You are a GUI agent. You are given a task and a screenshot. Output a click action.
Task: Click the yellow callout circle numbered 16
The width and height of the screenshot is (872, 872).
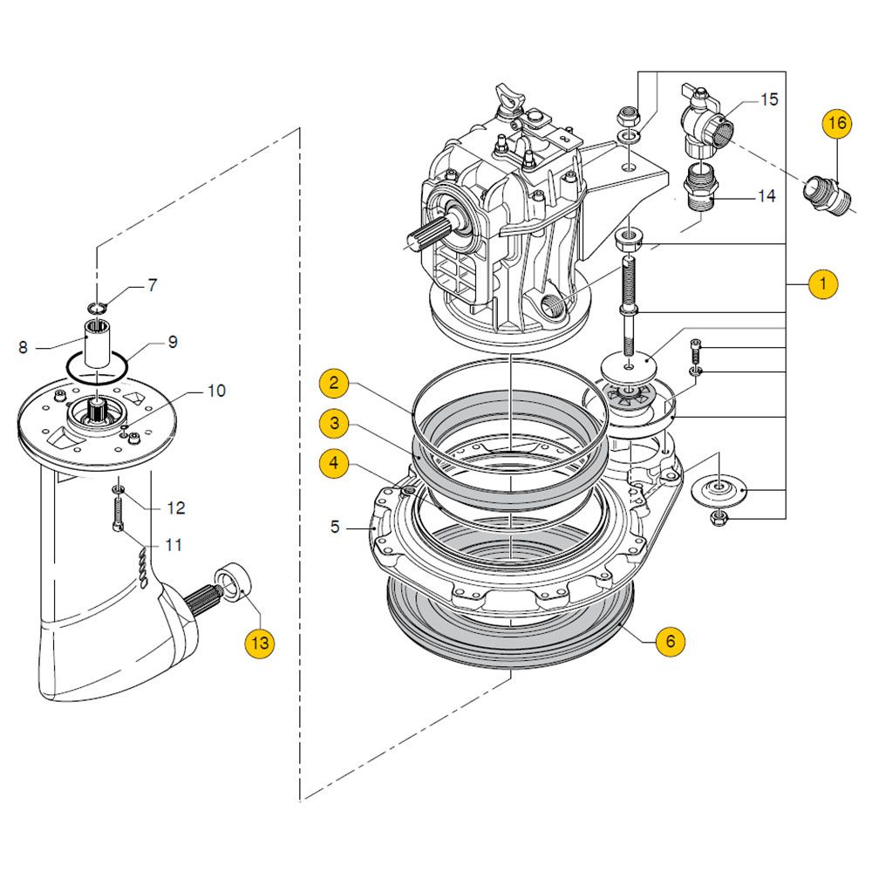(836, 124)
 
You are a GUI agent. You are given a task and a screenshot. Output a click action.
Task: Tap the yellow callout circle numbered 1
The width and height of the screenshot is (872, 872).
(821, 285)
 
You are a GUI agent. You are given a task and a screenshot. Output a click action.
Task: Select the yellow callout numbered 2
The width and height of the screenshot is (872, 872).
(334, 383)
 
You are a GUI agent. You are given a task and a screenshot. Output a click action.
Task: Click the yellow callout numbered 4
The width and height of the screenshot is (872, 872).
(334, 463)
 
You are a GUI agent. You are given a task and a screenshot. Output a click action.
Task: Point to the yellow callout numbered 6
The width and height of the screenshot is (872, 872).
(670, 641)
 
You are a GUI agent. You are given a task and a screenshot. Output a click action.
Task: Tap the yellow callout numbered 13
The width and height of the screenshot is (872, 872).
(258, 644)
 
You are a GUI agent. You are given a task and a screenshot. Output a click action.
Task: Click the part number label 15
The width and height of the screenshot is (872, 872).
(768, 99)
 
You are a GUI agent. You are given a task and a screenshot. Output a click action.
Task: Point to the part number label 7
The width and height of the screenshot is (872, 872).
(152, 284)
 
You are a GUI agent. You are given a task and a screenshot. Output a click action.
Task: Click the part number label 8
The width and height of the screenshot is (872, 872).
(24, 347)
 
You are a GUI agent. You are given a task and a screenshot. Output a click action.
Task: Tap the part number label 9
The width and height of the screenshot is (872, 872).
(172, 342)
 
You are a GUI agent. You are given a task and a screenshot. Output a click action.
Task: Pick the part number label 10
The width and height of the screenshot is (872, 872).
(215, 390)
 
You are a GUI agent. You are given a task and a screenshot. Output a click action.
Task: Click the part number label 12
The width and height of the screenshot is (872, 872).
(175, 508)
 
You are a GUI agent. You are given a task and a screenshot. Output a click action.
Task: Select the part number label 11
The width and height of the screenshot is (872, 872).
(173, 546)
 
